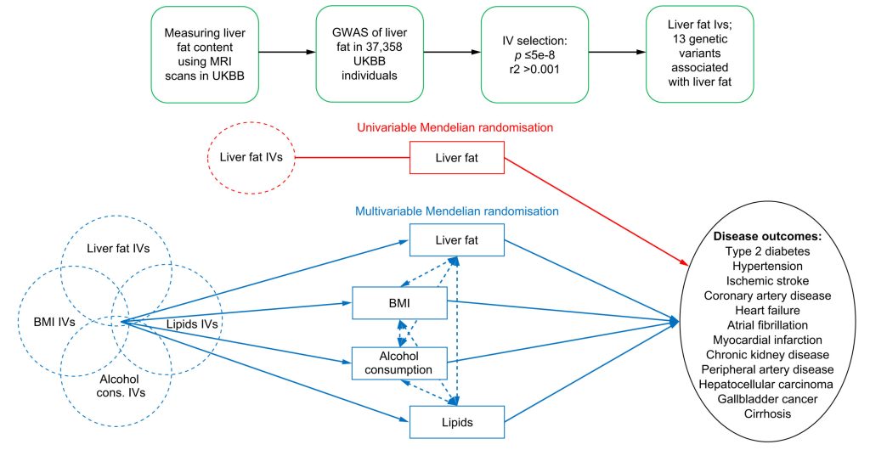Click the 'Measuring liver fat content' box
205,54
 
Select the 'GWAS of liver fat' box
370,54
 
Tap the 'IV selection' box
534,54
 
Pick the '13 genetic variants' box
700,54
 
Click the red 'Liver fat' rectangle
456,158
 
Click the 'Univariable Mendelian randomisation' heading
455,127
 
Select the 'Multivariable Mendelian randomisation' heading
456,211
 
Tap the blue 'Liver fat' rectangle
456,240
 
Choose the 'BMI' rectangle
399,303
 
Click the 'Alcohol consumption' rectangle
399,363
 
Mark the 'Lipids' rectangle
456,422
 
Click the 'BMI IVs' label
54,322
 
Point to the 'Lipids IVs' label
192,323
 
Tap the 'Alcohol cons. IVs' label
119,385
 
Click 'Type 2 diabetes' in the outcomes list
767,251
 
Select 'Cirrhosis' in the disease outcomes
767,413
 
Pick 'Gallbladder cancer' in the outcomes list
767,398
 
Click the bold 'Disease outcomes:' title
767,236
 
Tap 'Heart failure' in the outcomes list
767,310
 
